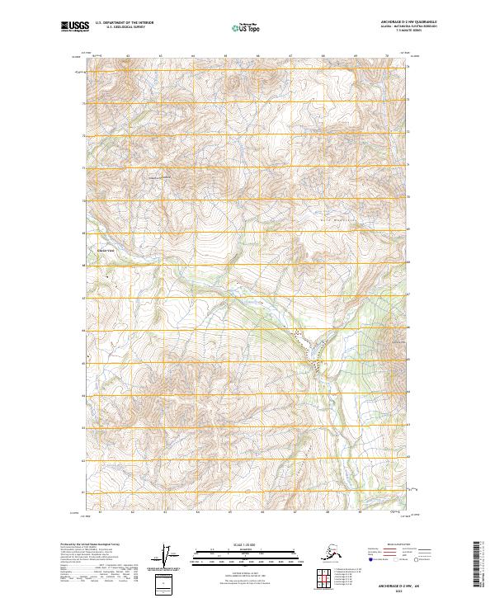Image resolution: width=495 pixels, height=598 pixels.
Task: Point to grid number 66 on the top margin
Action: [258, 56]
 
